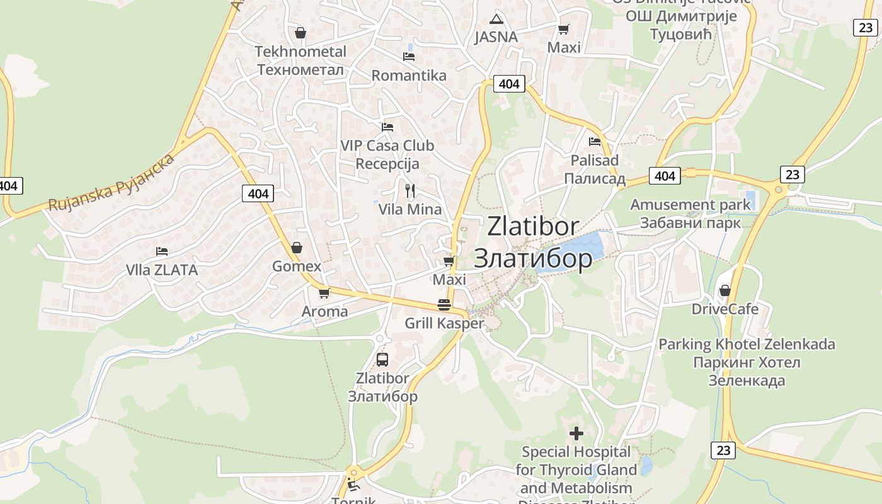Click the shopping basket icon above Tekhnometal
(x=301, y=33)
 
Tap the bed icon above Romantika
(x=409, y=57)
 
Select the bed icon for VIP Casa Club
(x=387, y=127)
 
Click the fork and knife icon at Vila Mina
(x=410, y=190)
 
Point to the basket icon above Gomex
(x=297, y=248)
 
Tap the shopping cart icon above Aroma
(x=324, y=293)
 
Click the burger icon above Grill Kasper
(x=444, y=305)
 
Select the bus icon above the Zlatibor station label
(x=382, y=360)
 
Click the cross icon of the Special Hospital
(x=576, y=433)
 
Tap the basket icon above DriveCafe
(x=725, y=290)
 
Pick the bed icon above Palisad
(x=595, y=142)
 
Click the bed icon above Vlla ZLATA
(x=162, y=251)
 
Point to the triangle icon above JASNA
(x=496, y=19)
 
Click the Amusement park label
(x=690, y=205)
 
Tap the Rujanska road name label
(x=112, y=183)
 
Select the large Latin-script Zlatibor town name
(x=533, y=226)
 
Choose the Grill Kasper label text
(x=444, y=324)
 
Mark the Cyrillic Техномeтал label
(x=301, y=69)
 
